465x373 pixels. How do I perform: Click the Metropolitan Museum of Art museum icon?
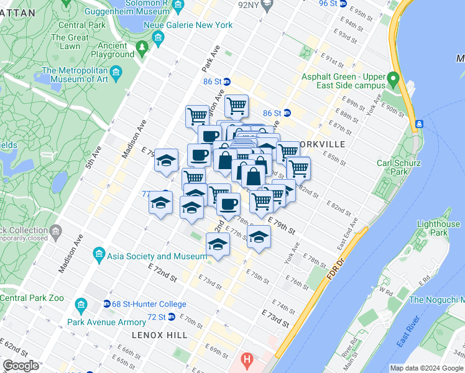(34, 71)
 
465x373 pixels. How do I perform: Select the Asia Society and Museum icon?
(98, 255)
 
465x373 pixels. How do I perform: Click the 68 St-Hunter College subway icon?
(107, 304)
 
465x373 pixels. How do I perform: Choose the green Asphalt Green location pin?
(393, 80)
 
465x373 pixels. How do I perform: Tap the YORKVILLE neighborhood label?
(321, 144)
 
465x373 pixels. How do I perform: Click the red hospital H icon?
(247, 360)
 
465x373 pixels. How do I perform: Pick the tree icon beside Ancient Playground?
(142, 47)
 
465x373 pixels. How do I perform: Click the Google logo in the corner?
(21, 365)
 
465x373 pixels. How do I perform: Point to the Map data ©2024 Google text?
(426, 368)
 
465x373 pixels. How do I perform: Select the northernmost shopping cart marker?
(236, 106)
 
